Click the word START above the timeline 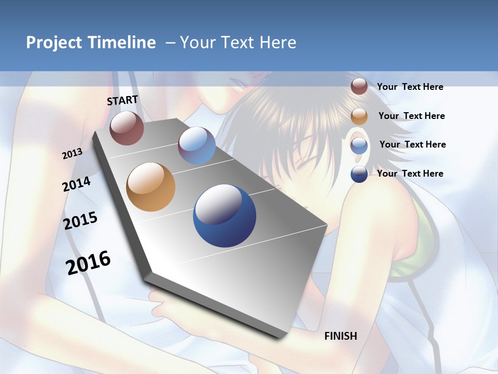coord(122,100)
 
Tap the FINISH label coord(341,336)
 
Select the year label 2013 coord(72,154)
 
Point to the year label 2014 coord(77,184)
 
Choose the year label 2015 coord(80,221)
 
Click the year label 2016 coord(88,263)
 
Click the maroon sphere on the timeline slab coord(127,128)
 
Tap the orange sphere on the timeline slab coord(150,187)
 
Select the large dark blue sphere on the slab coord(225,216)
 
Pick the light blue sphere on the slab coord(197,145)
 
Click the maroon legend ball coord(359,87)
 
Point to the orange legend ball coord(359,116)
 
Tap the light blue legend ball coord(359,145)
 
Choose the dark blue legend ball coord(359,174)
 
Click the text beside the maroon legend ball coord(410,87)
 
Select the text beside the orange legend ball coord(411,116)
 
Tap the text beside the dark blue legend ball coord(410,173)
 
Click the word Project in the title coord(55,43)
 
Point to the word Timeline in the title coord(122,43)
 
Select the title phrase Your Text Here coord(238,43)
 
